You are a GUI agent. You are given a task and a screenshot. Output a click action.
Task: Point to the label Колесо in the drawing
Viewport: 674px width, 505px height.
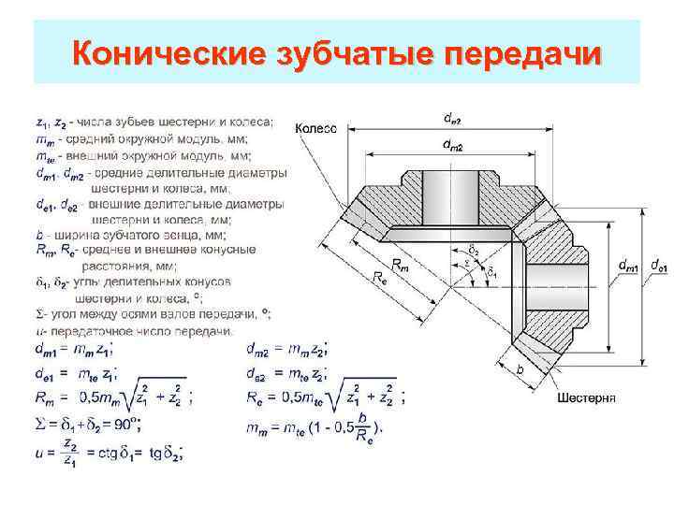coord(316,128)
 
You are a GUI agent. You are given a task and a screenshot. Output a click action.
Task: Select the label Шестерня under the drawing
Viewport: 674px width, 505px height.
coord(585,397)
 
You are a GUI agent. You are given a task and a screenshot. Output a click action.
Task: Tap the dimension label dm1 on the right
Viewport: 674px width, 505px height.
coord(630,267)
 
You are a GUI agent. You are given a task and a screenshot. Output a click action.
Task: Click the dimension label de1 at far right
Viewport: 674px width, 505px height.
coord(658,267)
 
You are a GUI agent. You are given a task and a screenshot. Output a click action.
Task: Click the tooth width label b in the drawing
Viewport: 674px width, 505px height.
coord(520,369)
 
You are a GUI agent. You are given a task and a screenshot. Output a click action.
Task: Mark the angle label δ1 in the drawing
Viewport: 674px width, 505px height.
coord(492,274)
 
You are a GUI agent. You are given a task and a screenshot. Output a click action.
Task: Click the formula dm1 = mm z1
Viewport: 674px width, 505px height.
coord(75,351)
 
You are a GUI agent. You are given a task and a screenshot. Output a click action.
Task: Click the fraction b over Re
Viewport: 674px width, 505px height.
coord(362,427)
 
